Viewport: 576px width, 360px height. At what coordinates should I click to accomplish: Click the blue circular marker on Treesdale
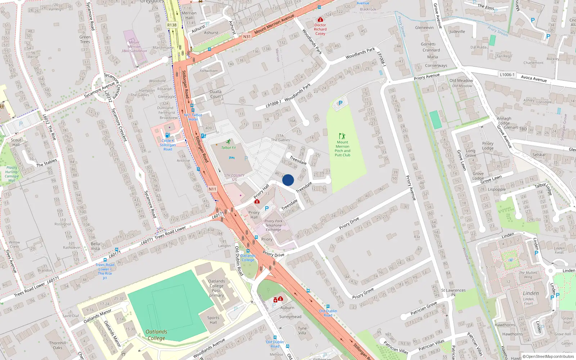(288, 180)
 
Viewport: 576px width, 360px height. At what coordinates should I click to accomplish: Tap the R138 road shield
(172, 25)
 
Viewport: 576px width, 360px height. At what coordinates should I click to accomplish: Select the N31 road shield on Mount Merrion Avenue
(247, 36)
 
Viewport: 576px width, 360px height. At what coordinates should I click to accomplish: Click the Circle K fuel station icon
(167, 135)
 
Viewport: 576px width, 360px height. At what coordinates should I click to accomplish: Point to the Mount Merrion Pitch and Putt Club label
(342, 149)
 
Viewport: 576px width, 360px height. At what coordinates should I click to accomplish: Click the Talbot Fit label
(229, 148)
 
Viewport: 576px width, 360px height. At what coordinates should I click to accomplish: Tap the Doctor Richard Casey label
(320, 29)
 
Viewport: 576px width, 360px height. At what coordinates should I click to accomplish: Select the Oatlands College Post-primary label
(216, 288)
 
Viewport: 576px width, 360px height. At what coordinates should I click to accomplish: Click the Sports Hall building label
(213, 320)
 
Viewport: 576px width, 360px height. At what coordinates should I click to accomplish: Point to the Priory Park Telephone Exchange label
(274, 225)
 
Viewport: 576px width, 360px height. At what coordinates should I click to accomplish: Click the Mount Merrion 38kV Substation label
(134, 47)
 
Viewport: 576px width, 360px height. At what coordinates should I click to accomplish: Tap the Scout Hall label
(16, 142)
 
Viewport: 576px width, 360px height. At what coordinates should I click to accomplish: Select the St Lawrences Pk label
(453, 292)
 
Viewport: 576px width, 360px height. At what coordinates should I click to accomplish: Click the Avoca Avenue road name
(534, 79)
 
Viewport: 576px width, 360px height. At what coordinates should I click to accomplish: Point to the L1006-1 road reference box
(507, 75)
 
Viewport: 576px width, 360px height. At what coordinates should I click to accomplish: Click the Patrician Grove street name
(424, 309)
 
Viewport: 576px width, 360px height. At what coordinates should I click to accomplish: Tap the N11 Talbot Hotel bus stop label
(193, 117)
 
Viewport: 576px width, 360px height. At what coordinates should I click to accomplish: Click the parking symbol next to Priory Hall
(267, 208)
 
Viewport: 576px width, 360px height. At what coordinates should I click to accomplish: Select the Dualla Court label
(215, 94)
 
